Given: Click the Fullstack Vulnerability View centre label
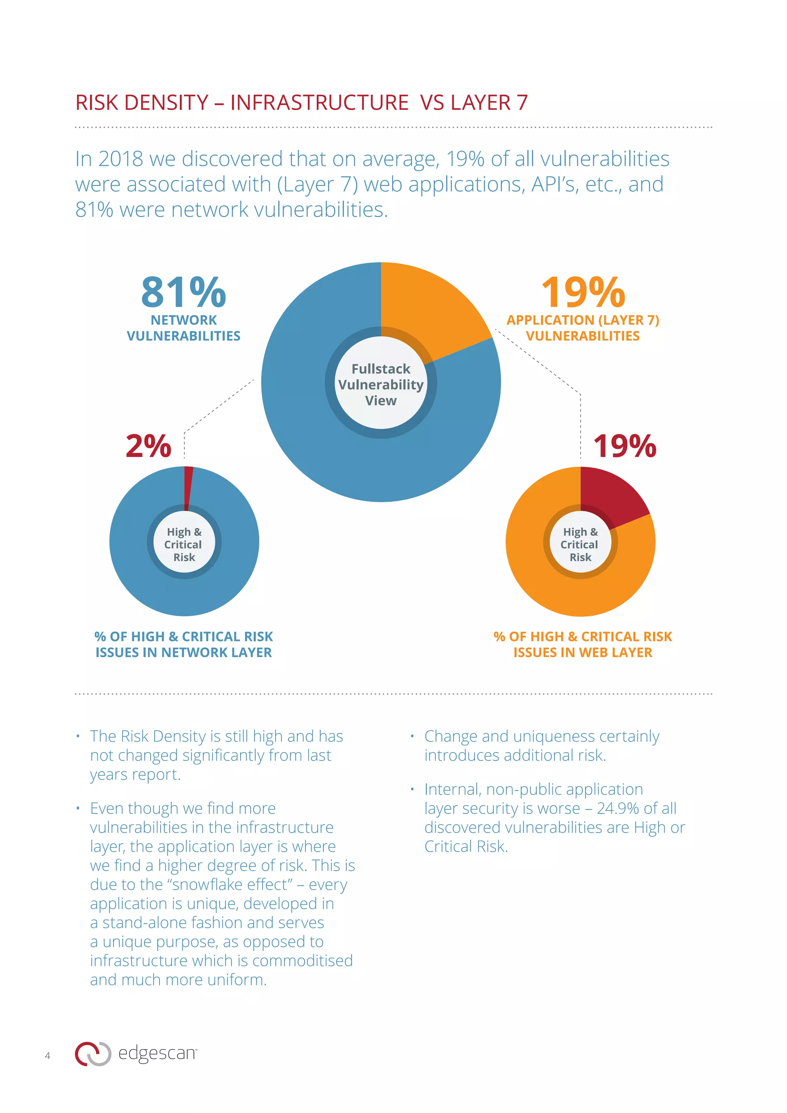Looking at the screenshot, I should click(x=381, y=384).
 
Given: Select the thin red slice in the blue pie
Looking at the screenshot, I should click(x=188, y=485).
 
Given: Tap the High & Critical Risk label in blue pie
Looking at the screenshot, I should click(x=184, y=544).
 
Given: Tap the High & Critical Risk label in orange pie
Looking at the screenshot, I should click(x=580, y=544).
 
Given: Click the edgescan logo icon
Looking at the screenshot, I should click(x=93, y=1053).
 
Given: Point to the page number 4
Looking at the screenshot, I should click(x=48, y=1055).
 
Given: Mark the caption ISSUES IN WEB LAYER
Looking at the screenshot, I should click(x=583, y=653).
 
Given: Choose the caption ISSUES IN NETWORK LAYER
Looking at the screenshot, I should click(x=184, y=653).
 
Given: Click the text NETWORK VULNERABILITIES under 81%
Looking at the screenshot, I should click(x=184, y=328).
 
